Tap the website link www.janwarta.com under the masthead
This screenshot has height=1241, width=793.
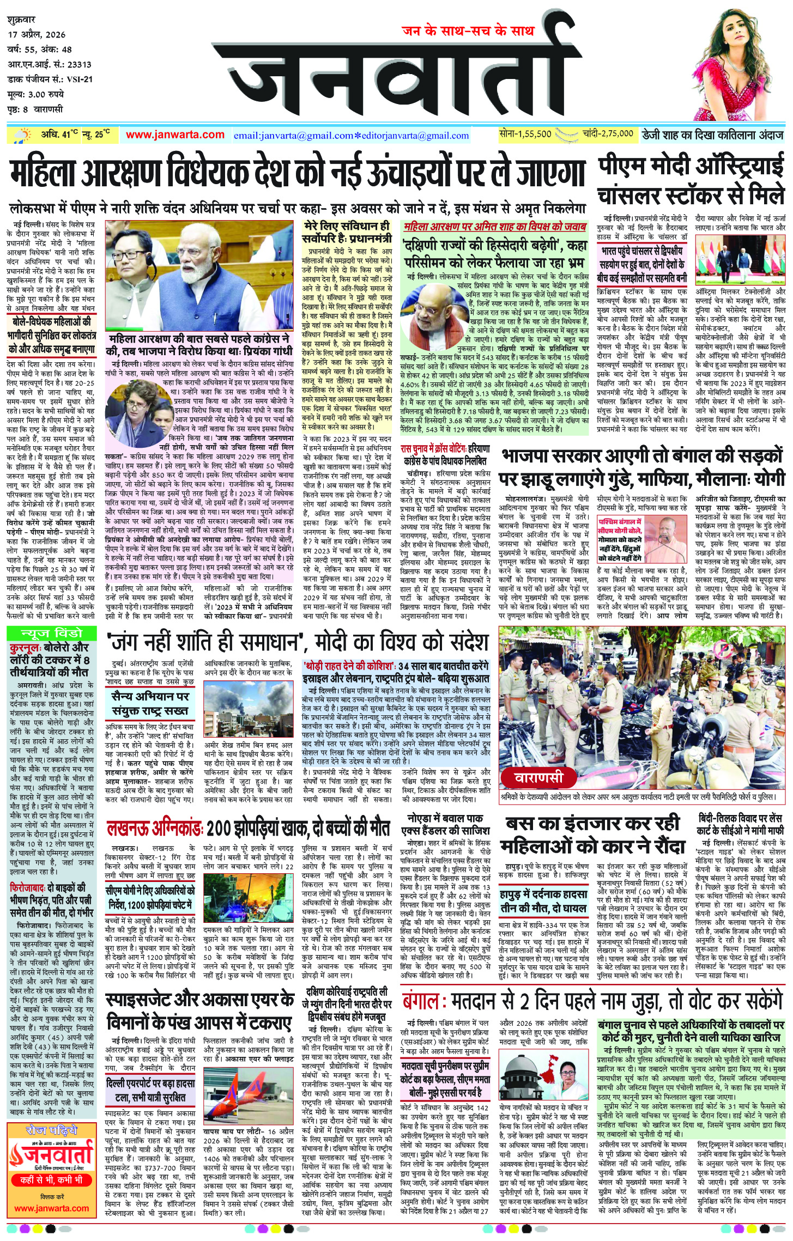[175, 135]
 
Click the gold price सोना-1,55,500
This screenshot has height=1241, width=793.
[525, 133]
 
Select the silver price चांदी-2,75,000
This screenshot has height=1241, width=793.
[607, 133]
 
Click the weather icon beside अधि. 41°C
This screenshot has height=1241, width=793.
[22, 135]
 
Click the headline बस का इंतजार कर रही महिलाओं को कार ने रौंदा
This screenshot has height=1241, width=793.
[592, 834]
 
